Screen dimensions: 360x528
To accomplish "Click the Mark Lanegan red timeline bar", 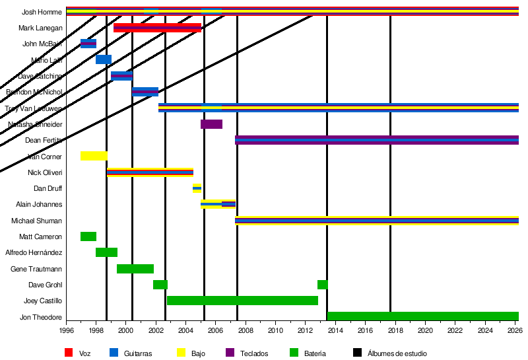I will (x=157, y=28).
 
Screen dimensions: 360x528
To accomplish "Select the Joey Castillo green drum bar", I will (x=242, y=301).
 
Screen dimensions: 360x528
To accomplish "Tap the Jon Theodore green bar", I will (x=422, y=316).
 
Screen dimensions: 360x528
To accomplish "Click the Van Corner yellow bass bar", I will (x=94, y=157).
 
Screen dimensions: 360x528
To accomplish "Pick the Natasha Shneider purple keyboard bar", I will (x=211, y=124).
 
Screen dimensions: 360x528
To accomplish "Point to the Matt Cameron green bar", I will (x=88, y=236).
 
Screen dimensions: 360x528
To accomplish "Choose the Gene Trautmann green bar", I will (x=135, y=269).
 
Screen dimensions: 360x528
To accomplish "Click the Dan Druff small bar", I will (x=197, y=188).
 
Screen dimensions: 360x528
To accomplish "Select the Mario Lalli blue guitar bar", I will (x=104, y=59).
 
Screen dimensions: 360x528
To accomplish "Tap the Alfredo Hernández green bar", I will (x=106, y=252).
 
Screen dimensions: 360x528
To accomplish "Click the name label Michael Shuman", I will (x=40, y=221).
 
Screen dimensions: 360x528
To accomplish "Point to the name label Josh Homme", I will (x=42, y=12).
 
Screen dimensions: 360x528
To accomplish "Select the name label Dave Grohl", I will (x=46, y=285).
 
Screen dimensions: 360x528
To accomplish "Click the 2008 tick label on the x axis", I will (x=246, y=331).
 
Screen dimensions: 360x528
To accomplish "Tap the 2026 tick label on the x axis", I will (x=514, y=331).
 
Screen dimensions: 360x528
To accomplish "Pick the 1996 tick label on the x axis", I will (x=67, y=331).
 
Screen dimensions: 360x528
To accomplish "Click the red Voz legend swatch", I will (x=68, y=353).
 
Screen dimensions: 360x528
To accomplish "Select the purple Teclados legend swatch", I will (x=231, y=353).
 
